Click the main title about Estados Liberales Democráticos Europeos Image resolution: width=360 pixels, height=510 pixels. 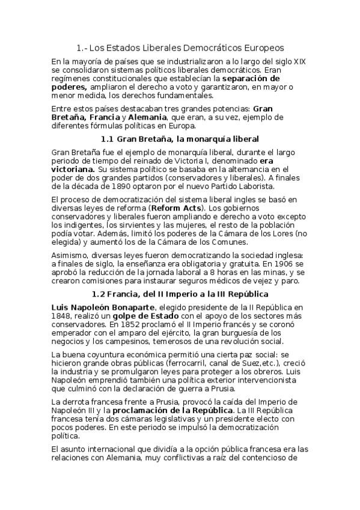coord(180,48)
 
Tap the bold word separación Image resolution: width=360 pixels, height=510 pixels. coord(251,79)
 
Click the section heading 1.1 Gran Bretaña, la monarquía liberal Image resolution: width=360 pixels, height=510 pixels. coord(180,139)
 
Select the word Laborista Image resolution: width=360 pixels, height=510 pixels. coord(238,186)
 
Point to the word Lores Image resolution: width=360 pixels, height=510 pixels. coord(270,233)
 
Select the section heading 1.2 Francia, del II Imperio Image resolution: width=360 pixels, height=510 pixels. coord(180,294)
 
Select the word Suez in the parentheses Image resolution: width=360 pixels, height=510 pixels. coord(234,363)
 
